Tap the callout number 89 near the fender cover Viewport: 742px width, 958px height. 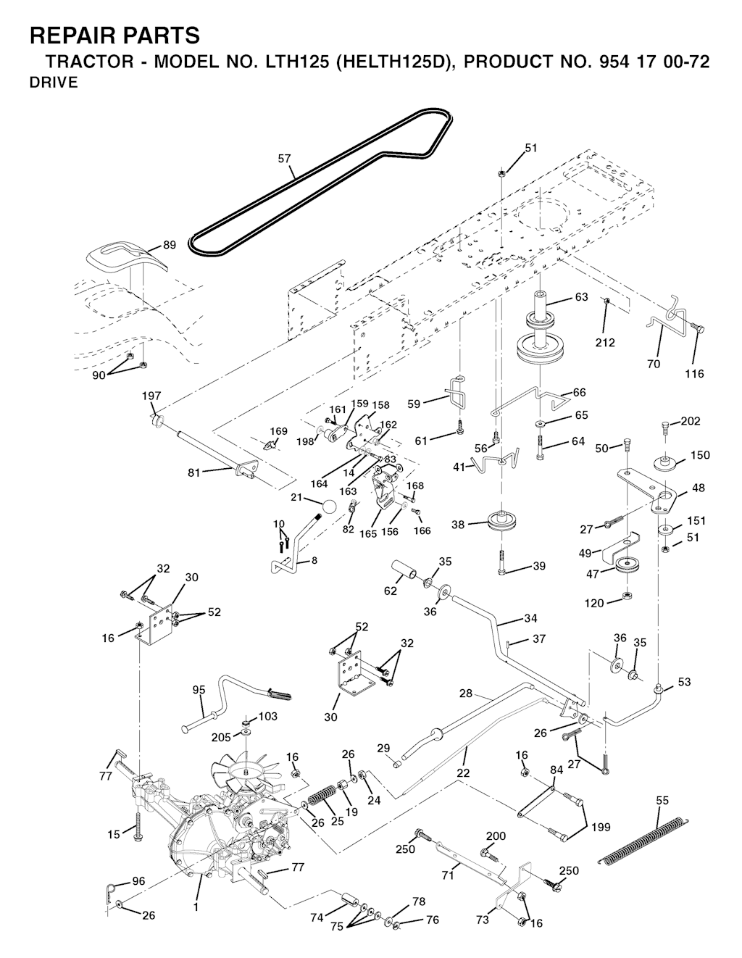[169, 245]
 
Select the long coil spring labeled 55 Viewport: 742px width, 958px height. [642, 839]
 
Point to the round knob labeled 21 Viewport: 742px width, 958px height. [328, 507]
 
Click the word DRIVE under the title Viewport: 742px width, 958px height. [54, 83]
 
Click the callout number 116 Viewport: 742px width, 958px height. [693, 374]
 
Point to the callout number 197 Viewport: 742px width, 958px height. [151, 396]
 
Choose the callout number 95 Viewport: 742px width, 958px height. [199, 690]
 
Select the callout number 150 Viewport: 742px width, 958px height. [700, 455]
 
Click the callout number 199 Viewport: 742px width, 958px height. [600, 826]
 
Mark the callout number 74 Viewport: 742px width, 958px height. [317, 917]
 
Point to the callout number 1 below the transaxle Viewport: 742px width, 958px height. [196, 905]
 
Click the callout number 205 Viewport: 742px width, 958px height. [220, 737]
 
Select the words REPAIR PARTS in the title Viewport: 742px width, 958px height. [114, 35]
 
